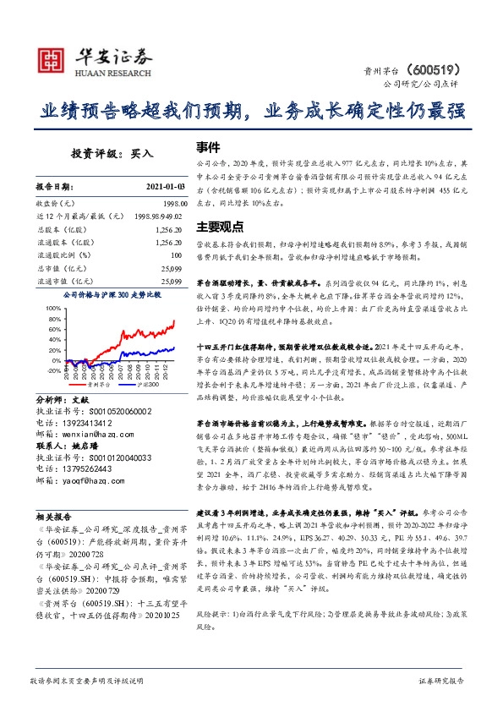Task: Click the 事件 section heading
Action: coord(208,146)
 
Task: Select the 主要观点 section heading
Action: coord(220,227)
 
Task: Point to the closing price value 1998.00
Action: coord(169,204)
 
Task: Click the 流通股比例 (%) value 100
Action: coord(176,255)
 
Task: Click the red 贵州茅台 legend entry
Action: coord(100,383)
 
